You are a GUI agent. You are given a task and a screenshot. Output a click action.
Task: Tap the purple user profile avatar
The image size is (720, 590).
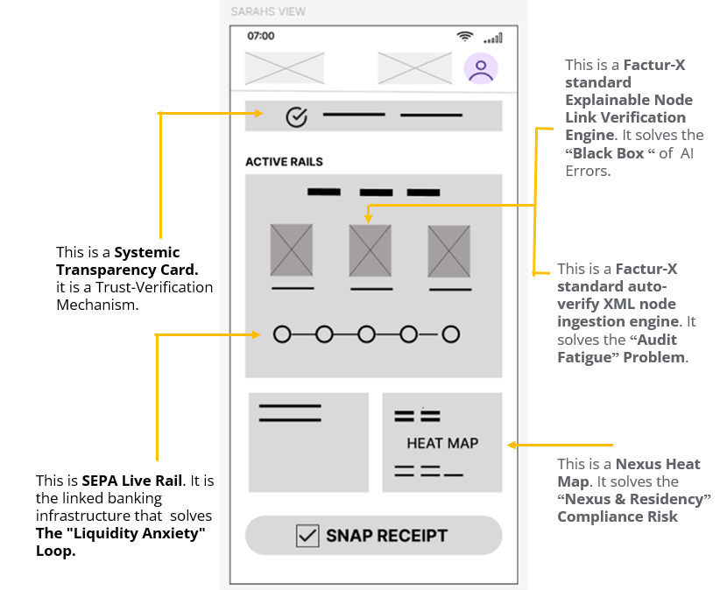click(x=481, y=68)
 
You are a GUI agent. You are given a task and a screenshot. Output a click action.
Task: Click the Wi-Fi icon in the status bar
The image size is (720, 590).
click(x=465, y=37)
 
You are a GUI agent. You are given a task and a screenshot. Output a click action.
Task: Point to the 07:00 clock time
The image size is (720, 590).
click(x=261, y=36)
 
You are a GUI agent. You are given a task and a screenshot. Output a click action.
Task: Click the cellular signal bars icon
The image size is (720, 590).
click(x=493, y=39)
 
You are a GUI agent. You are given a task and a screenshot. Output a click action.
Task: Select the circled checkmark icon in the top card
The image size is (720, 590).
click(x=297, y=117)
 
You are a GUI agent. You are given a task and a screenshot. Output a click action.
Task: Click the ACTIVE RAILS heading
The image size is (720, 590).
click(x=285, y=161)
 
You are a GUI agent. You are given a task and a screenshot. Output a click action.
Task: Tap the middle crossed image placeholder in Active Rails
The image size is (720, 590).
click(x=371, y=250)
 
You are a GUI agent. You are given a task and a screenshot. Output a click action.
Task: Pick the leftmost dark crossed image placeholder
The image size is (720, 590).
click(x=292, y=250)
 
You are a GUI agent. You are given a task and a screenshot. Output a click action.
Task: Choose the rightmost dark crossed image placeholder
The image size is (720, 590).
click(x=449, y=251)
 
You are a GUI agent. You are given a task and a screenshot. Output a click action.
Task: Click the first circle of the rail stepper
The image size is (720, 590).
click(x=282, y=334)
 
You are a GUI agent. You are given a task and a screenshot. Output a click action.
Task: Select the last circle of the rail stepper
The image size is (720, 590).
click(x=451, y=334)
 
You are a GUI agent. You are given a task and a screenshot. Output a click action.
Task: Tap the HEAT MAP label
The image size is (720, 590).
click(x=442, y=443)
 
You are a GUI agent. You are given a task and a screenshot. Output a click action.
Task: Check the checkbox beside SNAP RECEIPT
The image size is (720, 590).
click(x=307, y=536)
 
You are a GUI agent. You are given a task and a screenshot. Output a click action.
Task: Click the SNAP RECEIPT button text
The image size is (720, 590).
click(x=386, y=536)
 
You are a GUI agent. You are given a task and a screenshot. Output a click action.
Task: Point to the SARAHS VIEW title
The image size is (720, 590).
click(x=268, y=11)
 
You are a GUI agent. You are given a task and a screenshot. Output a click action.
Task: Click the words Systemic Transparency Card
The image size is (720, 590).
click(x=127, y=261)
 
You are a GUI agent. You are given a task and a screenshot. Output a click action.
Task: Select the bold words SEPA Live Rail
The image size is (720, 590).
click(x=132, y=481)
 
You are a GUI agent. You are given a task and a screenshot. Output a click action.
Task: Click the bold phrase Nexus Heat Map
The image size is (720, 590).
click(x=629, y=473)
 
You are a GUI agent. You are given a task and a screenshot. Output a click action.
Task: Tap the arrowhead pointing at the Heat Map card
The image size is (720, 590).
click(x=512, y=445)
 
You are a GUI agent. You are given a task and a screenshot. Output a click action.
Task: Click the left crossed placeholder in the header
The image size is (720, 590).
click(x=285, y=68)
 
